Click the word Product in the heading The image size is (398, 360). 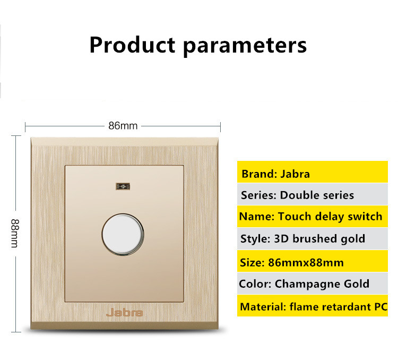[132, 45]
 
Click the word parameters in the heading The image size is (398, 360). [245, 47]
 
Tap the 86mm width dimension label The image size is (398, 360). [123, 126]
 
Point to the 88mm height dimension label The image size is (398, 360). [15, 233]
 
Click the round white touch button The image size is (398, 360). [123, 234]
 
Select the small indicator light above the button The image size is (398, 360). [123, 186]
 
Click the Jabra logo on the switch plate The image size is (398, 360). [124, 313]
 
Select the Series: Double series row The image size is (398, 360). [313, 194]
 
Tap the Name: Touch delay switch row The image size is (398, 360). [313, 217]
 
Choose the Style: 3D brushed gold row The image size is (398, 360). [313, 239]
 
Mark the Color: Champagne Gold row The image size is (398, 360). [313, 284]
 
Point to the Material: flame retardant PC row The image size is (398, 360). [313, 306]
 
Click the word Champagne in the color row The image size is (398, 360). [308, 284]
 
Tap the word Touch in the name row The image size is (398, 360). [295, 217]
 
